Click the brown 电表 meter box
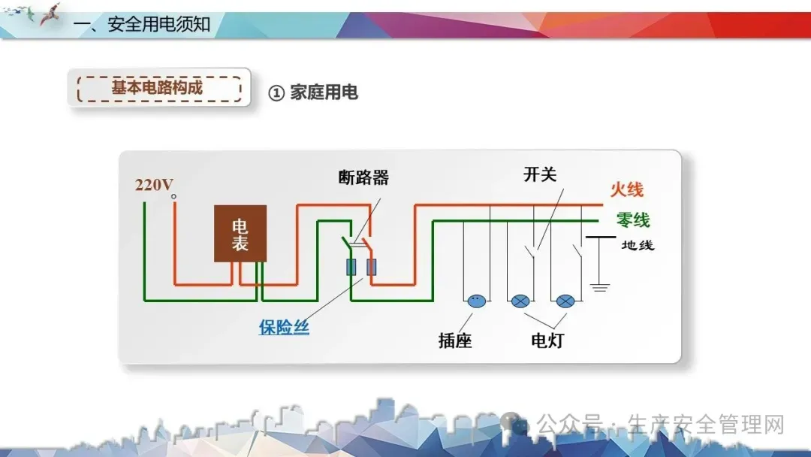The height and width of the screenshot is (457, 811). tap(240, 233)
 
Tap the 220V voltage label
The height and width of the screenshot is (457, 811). tap(153, 185)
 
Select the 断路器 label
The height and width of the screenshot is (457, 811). tap(363, 178)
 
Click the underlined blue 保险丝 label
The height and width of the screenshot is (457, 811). tap(284, 328)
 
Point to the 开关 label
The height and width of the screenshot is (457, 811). tap(540, 174)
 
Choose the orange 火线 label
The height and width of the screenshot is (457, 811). tap(626, 189)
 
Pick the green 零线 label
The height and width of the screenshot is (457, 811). tap(632, 220)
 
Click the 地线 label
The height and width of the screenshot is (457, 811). tap(638, 245)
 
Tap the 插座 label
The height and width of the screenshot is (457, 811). tap(455, 340)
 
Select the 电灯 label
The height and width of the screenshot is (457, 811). tap(547, 340)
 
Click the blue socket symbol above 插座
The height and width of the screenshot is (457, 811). tap(475, 301)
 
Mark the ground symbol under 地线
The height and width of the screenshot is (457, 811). tap(598, 286)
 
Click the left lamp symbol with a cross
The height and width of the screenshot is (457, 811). tap(520, 301)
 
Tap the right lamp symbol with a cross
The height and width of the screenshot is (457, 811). tap(565, 301)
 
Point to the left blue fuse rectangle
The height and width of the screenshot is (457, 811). tap(351, 267)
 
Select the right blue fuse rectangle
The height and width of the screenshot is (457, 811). tap(371, 267)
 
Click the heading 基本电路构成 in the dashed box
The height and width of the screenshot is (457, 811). tap(158, 87)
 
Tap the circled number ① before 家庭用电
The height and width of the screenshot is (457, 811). tap(276, 92)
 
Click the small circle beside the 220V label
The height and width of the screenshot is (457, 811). tap(173, 197)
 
